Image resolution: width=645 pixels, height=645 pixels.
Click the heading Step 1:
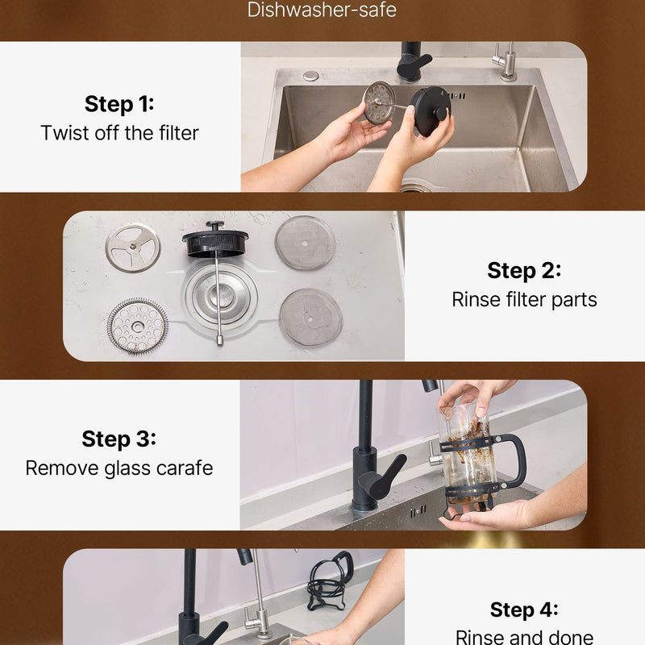tap(119, 104)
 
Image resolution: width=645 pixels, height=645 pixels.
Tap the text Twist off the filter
tap(119, 133)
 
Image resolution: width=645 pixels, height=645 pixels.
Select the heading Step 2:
tap(524, 271)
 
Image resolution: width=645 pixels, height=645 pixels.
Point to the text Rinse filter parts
tap(525, 299)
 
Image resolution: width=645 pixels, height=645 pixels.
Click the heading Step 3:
tap(119, 439)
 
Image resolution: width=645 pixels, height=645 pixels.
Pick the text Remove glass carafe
tap(119, 468)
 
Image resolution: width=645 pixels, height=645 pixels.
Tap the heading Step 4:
tap(524, 610)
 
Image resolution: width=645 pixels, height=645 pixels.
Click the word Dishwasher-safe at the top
tap(322, 10)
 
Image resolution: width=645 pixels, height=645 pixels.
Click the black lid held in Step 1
tap(431, 111)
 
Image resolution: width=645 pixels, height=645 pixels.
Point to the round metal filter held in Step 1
tap(379, 103)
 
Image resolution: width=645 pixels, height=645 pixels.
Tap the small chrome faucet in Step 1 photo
tap(507, 62)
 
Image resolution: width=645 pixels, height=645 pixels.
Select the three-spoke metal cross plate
tap(133, 248)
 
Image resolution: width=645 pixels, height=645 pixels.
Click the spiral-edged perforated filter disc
tap(138, 326)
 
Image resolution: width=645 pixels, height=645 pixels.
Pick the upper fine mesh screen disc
tap(305, 243)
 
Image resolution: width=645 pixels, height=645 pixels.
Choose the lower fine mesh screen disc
tap(310, 317)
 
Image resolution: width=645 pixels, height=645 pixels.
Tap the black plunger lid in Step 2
tap(215, 240)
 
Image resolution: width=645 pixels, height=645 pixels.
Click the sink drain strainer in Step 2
tap(221, 293)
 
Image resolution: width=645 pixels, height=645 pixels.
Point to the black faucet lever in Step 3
tap(382, 476)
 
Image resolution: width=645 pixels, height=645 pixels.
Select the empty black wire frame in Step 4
tap(331, 580)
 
